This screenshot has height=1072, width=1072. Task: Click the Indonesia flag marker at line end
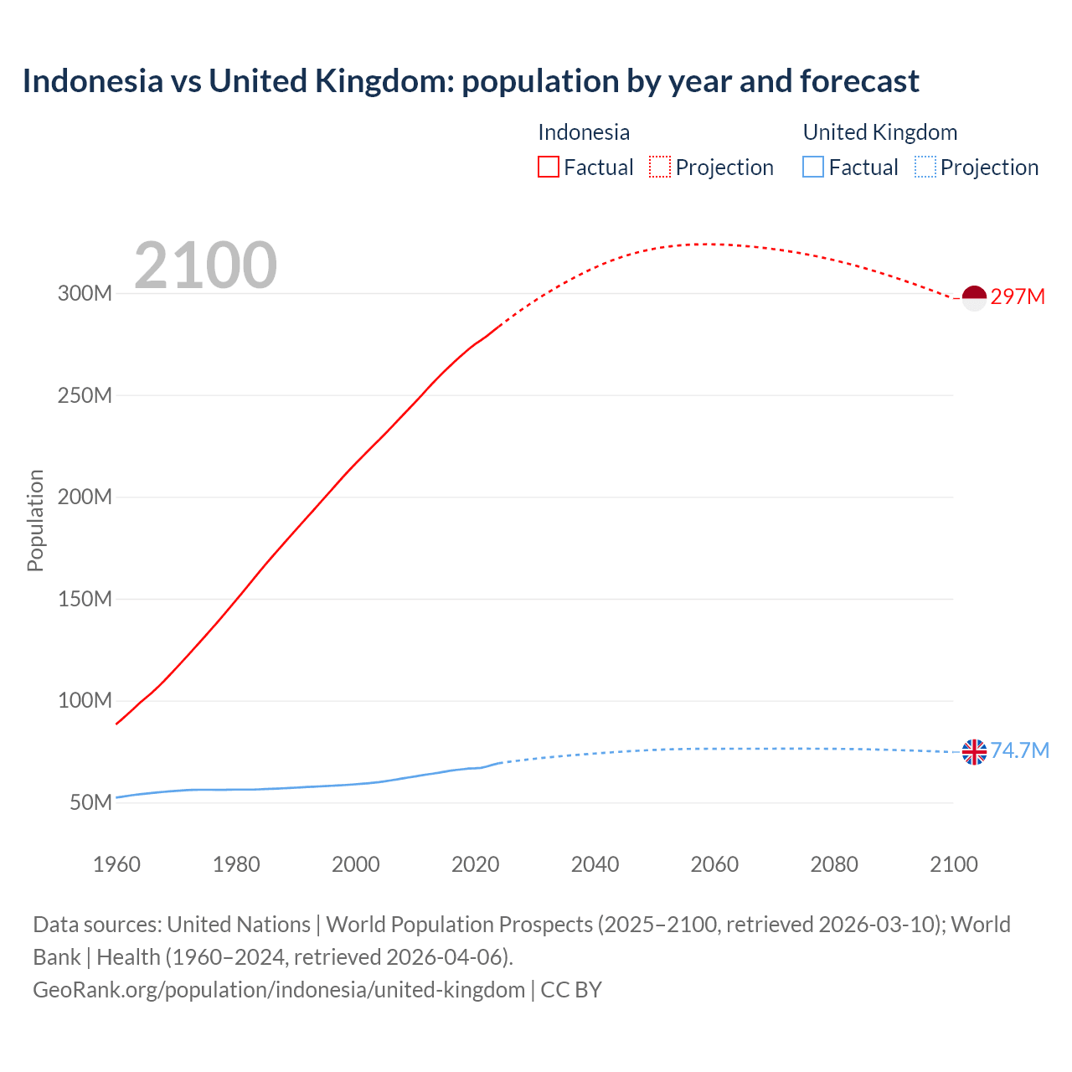[974, 297]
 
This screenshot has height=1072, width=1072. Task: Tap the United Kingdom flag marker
[974, 752]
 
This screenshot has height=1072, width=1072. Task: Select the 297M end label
[1018, 297]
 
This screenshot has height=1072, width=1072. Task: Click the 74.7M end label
[1019, 750]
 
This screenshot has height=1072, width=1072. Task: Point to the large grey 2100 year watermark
[205, 265]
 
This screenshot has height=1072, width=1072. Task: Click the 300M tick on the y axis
[85, 294]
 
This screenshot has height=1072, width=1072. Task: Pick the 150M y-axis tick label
[85, 600]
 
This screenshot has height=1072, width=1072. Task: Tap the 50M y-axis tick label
[90, 803]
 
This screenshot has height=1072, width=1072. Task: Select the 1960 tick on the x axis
[116, 864]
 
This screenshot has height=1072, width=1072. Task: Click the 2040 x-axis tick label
[595, 864]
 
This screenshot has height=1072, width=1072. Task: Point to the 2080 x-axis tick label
[834, 864]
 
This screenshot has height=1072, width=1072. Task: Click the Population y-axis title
[35, 520]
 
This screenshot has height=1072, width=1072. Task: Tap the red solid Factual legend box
[548, 167]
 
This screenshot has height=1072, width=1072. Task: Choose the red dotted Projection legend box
[660, 167]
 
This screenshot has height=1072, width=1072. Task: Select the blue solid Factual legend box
[813, 167]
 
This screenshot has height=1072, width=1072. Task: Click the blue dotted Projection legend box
[925, 167]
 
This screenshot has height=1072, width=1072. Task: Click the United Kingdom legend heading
[879, 132]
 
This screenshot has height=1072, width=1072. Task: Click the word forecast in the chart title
[859, 81]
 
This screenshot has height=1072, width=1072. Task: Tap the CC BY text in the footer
[571, 990]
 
